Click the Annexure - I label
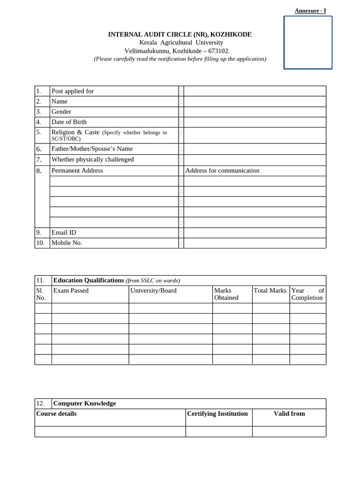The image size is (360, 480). tap(310, 11)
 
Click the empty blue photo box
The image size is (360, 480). tap(308, 43)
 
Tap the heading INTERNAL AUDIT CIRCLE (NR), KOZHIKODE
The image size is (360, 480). tap(180, 35)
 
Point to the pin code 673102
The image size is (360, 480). tap(215, 51)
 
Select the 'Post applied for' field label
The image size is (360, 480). tap(73, 91)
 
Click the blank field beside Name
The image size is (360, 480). tap(255, 101)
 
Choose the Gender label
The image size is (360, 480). tap(61, 112)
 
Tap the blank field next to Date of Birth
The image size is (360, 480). tap(255, 122)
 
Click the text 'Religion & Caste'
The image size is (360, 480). tap(75, 132)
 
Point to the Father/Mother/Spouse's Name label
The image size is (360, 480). tap(92, 149)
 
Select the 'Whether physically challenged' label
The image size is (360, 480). tap(92, 159)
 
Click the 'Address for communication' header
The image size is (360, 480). tap(222, 171)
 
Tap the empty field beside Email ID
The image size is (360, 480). tap(255, 232)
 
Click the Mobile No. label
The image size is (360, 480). tap(67, 243)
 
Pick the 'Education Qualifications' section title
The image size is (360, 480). tap(89, 280)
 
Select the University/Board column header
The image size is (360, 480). tap(153, 291)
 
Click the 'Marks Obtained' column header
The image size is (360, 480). tap(226, 294)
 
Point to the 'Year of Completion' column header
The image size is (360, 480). tap(307, 294)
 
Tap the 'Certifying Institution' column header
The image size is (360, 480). tap(217, 413)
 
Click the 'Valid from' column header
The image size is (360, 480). tap(289, 413)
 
